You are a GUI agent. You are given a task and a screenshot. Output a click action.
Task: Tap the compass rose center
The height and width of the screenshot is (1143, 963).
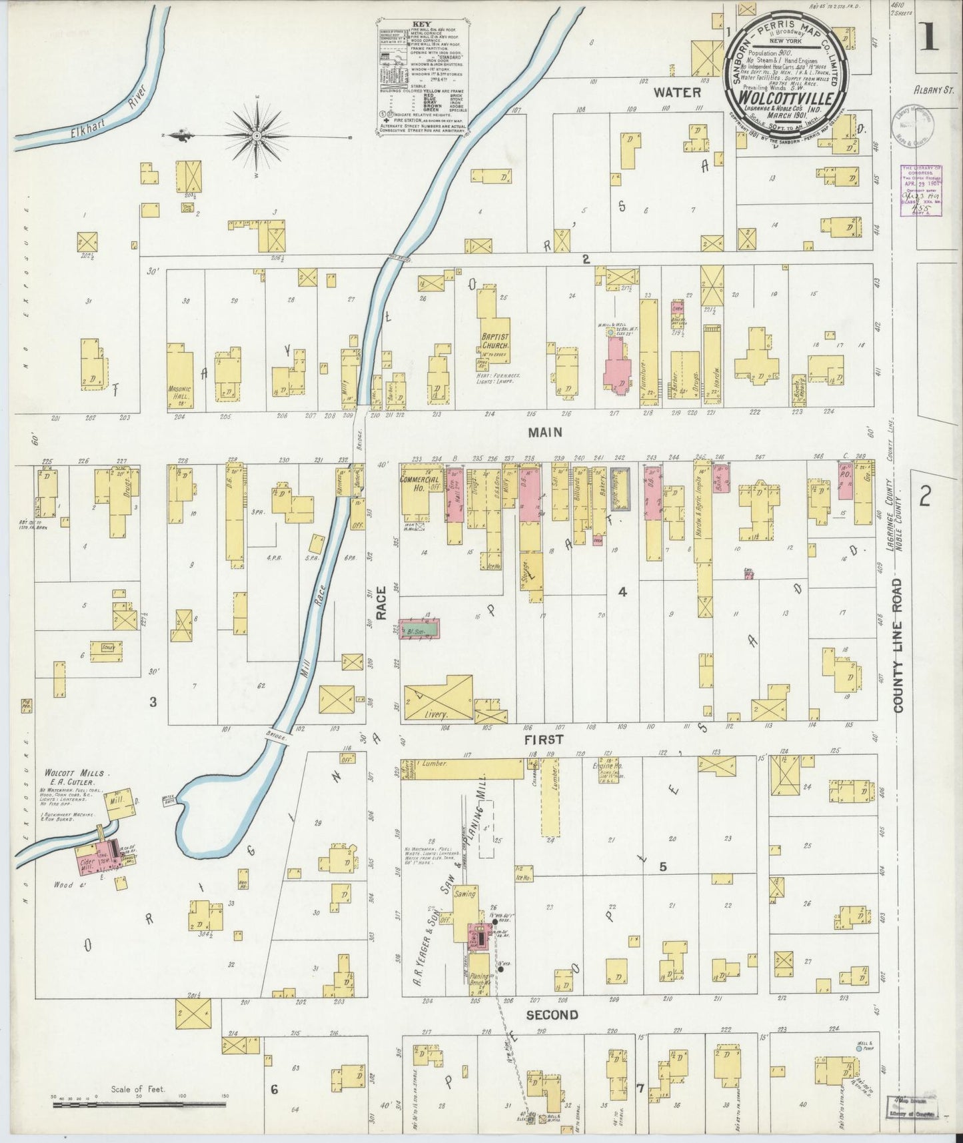pyautogui.click(x=257, y=136)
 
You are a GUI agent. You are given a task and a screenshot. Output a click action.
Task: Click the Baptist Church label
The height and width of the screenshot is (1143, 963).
pyautogui.click(x=496, y=341)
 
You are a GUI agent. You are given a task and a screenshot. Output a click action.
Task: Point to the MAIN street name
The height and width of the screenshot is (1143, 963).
pyautogui.click(x=544, y=432)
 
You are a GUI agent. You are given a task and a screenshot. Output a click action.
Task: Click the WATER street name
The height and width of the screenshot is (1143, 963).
pyautogui.click(x=676, y=91)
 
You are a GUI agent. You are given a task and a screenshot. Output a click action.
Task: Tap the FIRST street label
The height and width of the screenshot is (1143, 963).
pyautogui.click(x=543, y=739)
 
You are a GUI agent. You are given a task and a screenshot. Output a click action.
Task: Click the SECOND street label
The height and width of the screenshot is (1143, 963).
pyautogui.click(x=552, y=1015)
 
